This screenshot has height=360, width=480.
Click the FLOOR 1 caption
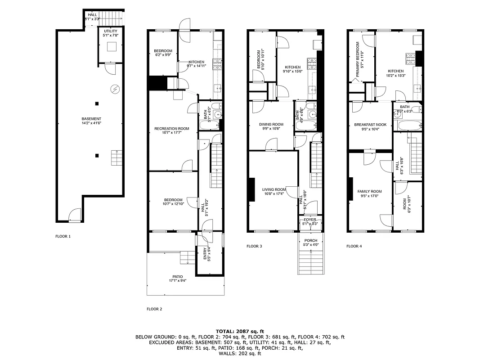tap(63, 236)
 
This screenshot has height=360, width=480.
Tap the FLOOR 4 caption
tap(354, 246)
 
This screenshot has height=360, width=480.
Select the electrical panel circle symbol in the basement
tap(115, 89)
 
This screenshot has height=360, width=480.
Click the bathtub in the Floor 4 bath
tap(408, 126)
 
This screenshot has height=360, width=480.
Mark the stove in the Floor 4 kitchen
tap(410, 57)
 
